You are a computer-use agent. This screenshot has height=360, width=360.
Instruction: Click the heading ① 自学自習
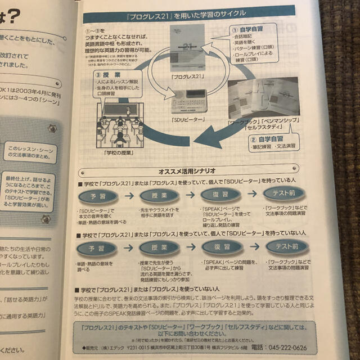tap(248, 27)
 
